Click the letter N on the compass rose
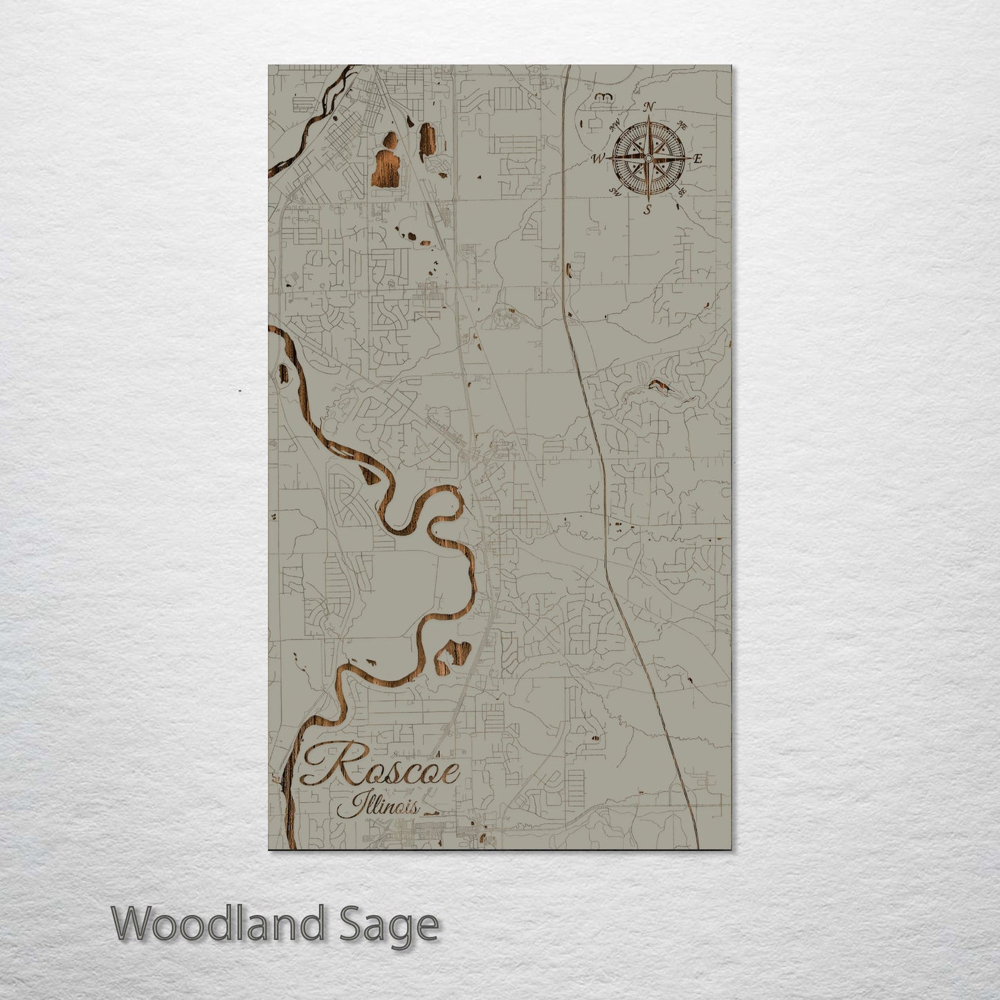[x=649, y=107]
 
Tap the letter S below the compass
[x=648, y=209]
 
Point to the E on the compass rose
[x=698, y=159]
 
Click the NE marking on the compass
[x=682, y=126]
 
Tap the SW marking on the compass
[x=615, y=192]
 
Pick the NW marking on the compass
[x=615, y=125]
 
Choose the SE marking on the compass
[x=682, y=191]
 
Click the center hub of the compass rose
[x=648, y=158]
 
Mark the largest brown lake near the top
[x=384, y=170]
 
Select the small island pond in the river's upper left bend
[x=283, y=373]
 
